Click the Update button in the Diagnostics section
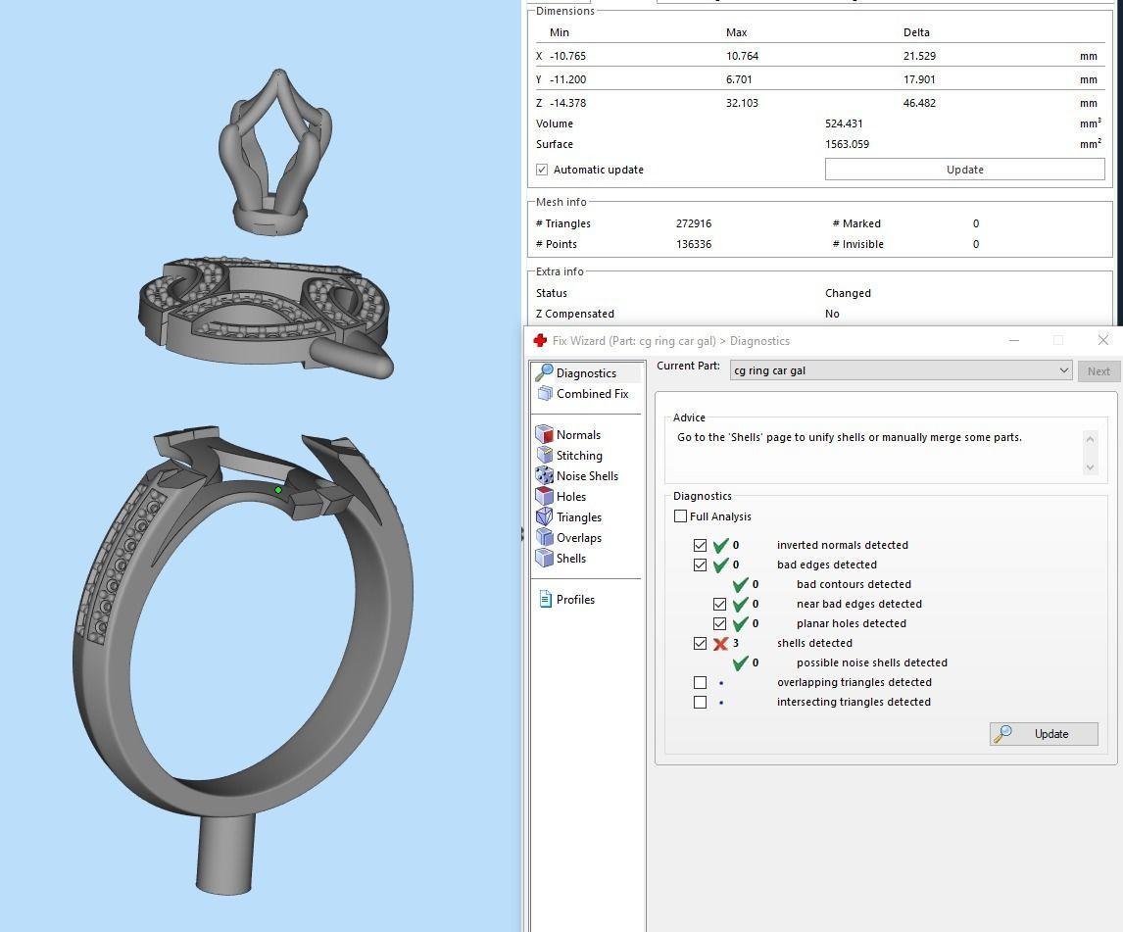point(1044,734)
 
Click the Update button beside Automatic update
point(964,170)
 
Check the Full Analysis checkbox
point(681,516)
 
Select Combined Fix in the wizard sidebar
point(592,394)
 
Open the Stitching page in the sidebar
point(578,456)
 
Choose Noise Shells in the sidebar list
point(586,476)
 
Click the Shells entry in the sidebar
point(570,559)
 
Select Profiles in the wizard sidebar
point(574,600)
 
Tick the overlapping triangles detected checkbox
point(700,682)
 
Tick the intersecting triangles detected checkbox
point(700,702)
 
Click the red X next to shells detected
point(720,644)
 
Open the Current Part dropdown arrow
point(1063,370)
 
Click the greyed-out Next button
point(1099,371)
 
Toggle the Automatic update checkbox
point(542,170)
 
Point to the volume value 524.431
point(846,123)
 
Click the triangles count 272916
point(694,223)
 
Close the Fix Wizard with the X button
point(1102,340)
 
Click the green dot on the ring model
point(278,490)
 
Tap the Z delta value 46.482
point(918,103)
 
